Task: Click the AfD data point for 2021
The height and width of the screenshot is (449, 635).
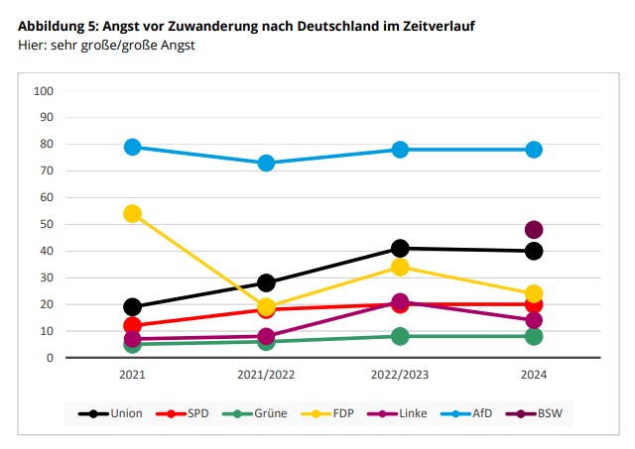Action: pyautogui.click(x=132, y=147)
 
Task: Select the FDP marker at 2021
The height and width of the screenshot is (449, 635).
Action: pyautogui.click(x=132, y=213)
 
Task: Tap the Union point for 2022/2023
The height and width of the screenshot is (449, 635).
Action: pyautogui.click(x=400, y=248)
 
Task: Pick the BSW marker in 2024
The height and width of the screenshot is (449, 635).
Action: pyautogui.click(x=534, y=230)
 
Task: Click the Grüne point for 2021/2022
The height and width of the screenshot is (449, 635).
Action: pyautogui.click(x=266, y=341)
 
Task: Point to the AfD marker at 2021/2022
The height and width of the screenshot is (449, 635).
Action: pyautogui.click(x=266, y=163)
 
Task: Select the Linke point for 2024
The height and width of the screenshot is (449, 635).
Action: pyautogui.click(x=534, y=320)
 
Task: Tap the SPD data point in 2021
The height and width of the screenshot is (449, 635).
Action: pyautogui.click(x=132, y=325)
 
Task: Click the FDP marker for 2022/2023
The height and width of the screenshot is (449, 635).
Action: pyautogui.click(x=400, y=267)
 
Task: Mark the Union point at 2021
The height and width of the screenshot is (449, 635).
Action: pyautogui.click(x=132, y=306)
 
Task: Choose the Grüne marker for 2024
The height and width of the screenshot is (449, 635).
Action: pyautogui.click(x=534, y=336)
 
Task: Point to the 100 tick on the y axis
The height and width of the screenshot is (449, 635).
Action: pyautogui.click(x=44, y=91)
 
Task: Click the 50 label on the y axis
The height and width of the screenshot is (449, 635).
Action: pyautogui.click(x=47, y=225)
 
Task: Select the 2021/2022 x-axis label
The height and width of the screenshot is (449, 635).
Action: pyautogui.click(x=266, y=375)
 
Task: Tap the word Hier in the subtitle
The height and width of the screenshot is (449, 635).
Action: pyautogui.click(x=33, y=46)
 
